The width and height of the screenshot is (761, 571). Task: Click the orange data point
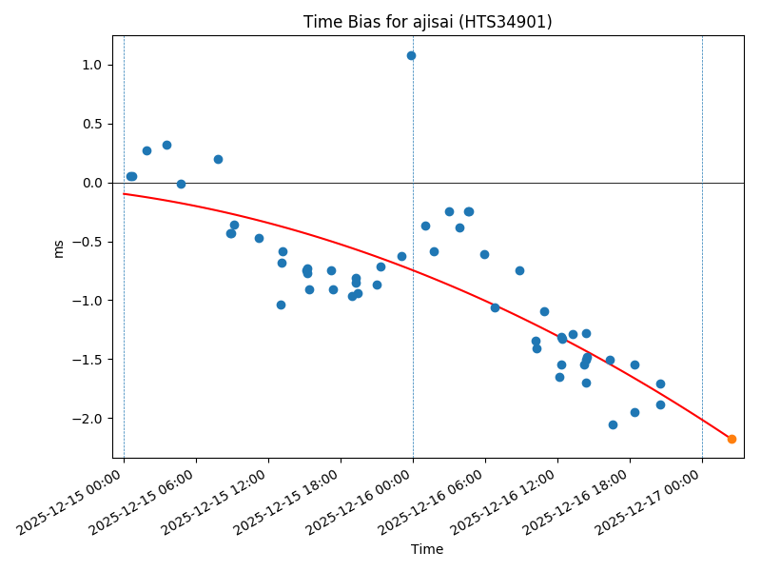pos(732,439)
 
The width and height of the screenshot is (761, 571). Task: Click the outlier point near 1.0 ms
pos(411,55)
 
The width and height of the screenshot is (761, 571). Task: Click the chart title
pos(427,22)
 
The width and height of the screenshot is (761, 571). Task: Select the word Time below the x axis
pos(427,549)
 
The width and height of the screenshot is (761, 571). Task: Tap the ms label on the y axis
pos(59,248)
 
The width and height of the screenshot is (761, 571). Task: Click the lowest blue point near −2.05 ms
pos(613,424)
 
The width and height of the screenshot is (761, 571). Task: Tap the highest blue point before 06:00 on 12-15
pos(166,145)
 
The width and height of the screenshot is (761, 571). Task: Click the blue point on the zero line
pos(181,184)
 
